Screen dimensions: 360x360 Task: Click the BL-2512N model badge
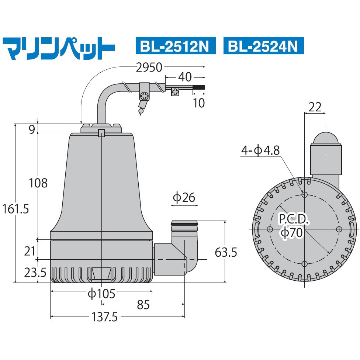click(175, 46)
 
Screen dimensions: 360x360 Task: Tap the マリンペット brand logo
click(59, 47)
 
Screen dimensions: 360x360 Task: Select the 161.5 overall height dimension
click(15, 209)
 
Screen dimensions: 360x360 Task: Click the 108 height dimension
click(38, 183)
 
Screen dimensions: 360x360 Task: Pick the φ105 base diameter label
click(101, 294)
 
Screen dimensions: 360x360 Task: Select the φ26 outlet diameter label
click(184, 198)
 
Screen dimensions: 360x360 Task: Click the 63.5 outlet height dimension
click(226, 252)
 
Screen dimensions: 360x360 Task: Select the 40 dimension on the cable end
click(185, 77)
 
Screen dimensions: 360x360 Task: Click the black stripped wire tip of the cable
click(199, 88)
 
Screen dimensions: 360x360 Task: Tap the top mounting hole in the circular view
click(305, 194)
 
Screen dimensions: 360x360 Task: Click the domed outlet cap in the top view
click(326, 138)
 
